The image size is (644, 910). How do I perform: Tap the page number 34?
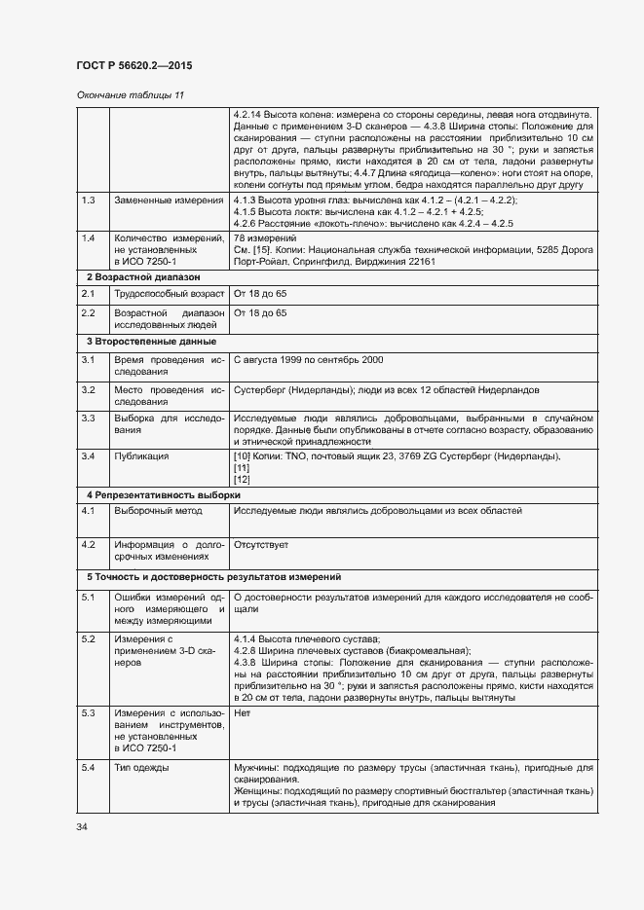pos(82,826)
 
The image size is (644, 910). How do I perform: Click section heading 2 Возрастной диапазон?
pos(136,277)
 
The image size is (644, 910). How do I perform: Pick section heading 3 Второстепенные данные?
pos(145,342)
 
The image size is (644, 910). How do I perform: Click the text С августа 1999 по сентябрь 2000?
pos(309,360)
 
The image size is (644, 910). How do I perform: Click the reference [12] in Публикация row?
pos(243,479)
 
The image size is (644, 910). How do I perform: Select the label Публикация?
pos(142,455)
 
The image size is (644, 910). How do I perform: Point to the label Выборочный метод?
pos(158,511)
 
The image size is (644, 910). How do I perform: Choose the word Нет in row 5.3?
pos(243,713)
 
